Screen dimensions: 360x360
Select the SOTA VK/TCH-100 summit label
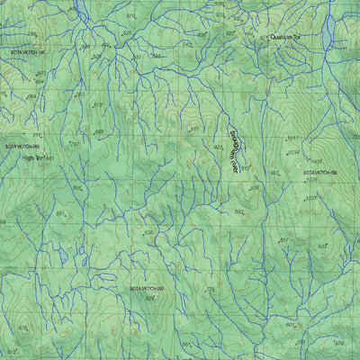[x=27, y=53]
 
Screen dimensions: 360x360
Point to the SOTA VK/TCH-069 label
[x=22, y=144]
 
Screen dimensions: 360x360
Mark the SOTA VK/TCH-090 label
[x=147, y=288]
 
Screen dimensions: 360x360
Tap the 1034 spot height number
[x=292, y=152]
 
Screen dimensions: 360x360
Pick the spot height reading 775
[x=211, y=289]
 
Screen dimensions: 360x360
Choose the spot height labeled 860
[x=238, y=211]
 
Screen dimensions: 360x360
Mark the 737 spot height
[x=75, y=143]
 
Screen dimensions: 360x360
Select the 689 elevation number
[x=99, y=132]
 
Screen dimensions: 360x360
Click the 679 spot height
[x=338, y=343]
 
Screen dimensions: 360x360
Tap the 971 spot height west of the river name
[x=193, y=129]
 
